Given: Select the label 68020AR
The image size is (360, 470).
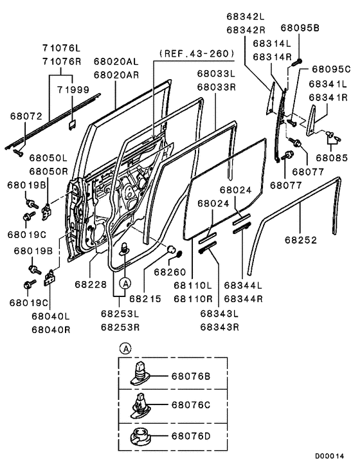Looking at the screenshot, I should (x=116, y=75).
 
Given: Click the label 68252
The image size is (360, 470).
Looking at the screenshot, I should (x=301, y=239).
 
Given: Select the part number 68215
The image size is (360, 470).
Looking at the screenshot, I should (x=146, y=298).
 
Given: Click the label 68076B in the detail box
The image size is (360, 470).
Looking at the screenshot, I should (x=192, y=376).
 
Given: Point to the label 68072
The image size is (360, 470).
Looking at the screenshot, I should (x=25, y=116).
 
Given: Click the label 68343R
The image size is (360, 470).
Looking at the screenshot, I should (x=219, y=327).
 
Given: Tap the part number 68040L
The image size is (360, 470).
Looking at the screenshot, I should (x=49, y=317).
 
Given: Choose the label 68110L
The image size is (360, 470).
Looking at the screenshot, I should (x=192, y=285).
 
